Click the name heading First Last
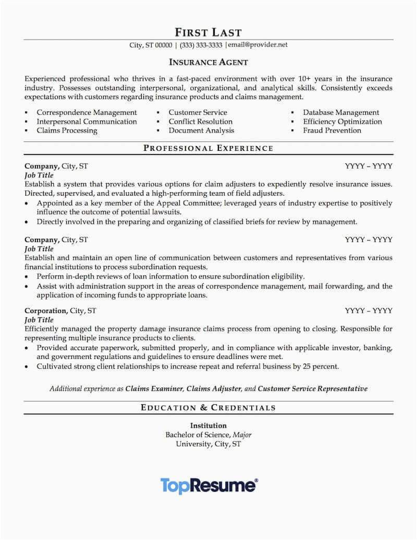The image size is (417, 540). (x=208, y=32)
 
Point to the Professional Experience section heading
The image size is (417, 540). (x=208, y=148)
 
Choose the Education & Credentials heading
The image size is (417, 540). (x=208, y=407)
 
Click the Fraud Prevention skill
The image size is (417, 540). (x=332, y=130)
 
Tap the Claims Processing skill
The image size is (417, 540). (x=67, y=130)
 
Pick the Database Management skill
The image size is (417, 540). (x=341, y=112)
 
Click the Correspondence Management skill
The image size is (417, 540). (x=87, y=112)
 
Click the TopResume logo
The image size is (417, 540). (x=208, y=485)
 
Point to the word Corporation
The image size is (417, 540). (x=46, y=310)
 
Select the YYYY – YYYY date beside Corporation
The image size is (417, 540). (x=369, y=310)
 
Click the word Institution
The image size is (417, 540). (x=208, y=425)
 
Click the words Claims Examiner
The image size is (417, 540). (x=154, y=389)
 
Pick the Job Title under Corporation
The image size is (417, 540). (x=39, y=320)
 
